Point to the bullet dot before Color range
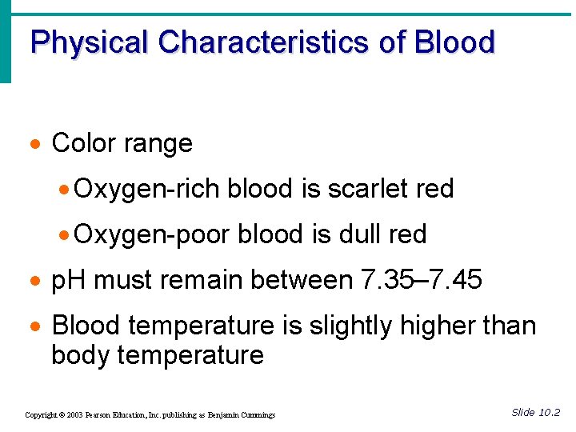36,145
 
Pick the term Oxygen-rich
148,189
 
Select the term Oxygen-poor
154,234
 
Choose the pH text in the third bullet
68,280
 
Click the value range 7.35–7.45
422,280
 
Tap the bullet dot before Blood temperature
36,327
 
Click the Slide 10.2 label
535,413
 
